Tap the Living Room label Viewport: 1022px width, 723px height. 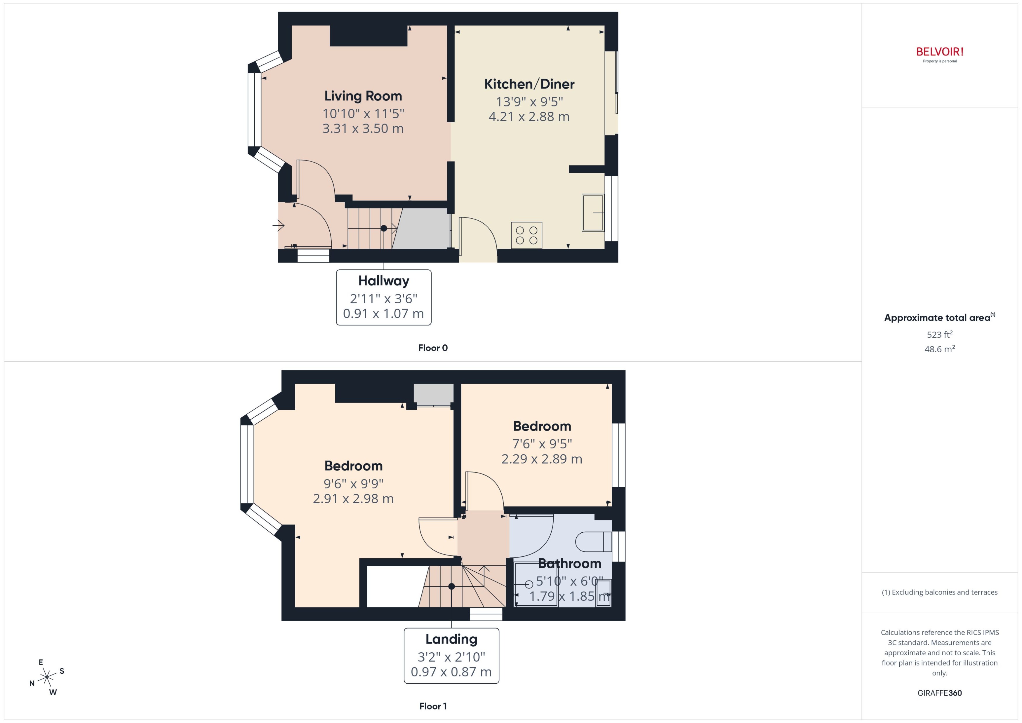[363, 96]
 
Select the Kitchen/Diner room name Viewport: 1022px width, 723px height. [529, 84]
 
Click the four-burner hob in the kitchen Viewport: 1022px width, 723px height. [526, 235]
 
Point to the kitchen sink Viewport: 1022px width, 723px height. [593, 213]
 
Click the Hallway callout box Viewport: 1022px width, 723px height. [383, 297]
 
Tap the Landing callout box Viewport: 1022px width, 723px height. [451, 655]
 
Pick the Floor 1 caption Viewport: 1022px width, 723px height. [432, 706]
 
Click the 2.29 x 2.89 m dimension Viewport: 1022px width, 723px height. [541, 459]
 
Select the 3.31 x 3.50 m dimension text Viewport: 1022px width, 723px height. [363, 129]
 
